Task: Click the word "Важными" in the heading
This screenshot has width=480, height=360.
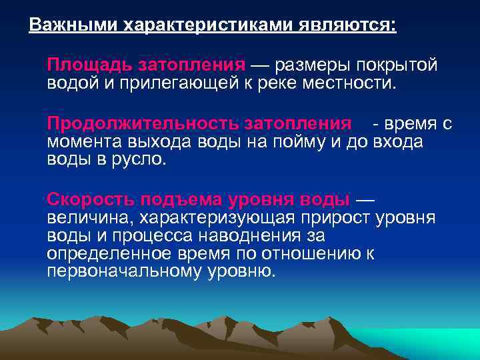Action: click(x=63, y=25)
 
